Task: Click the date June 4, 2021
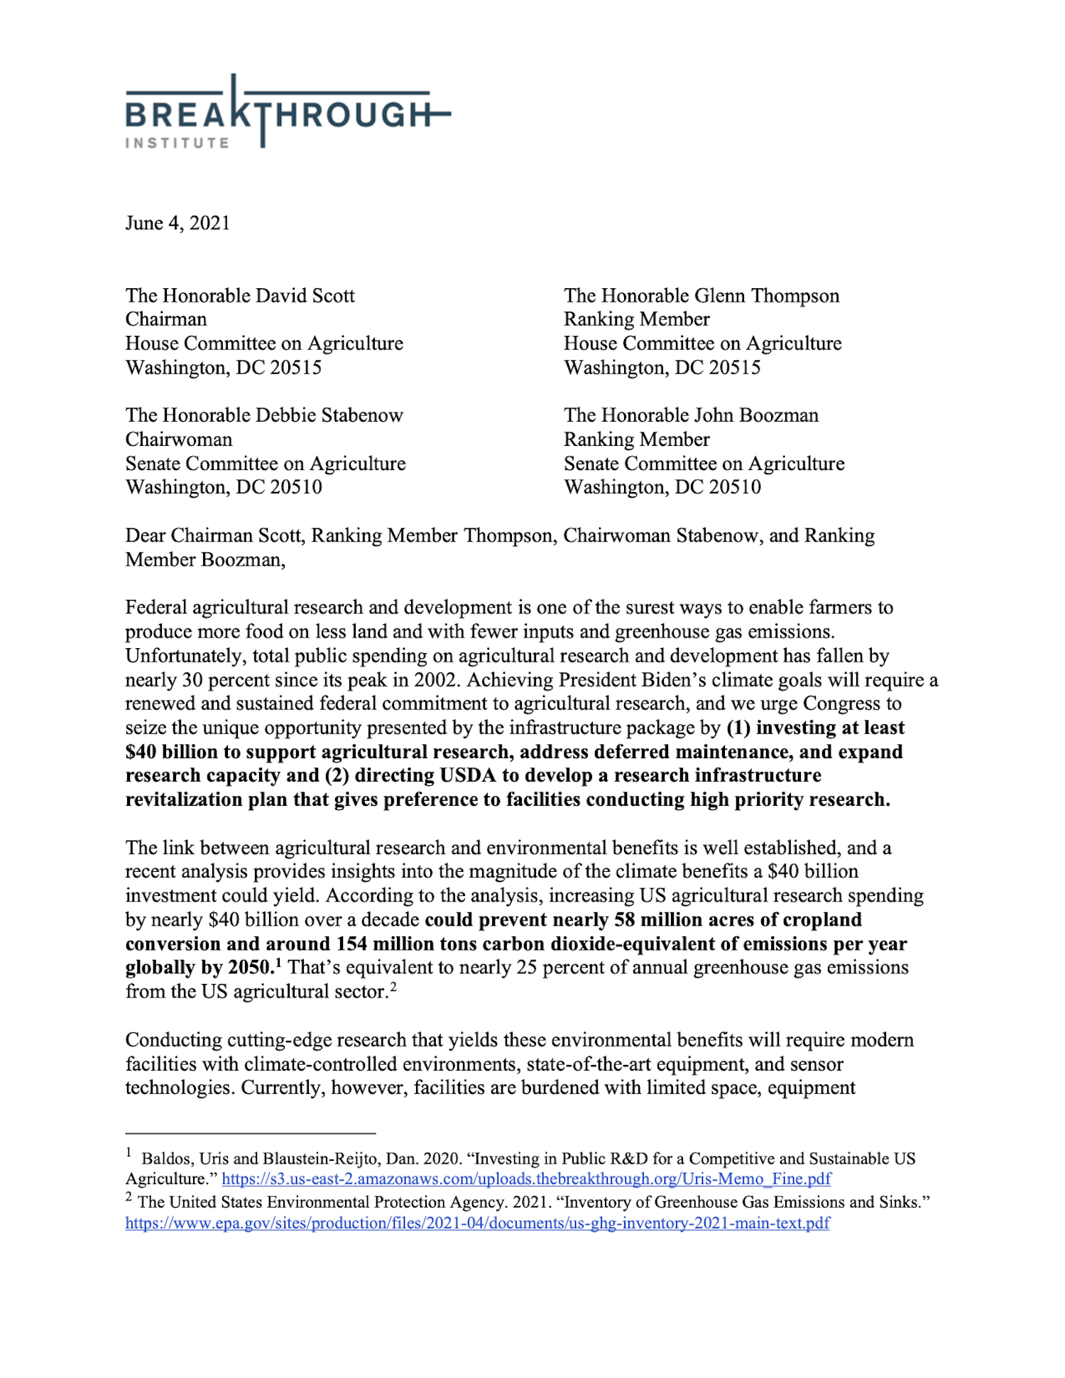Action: click(x=177, y=223)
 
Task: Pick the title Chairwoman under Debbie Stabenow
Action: click(x=179, y=439)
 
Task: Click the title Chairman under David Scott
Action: click(x=166, y=319)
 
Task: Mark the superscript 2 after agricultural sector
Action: click(x=393, y=986)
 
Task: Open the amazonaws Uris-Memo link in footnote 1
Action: click(x=526, y=1179)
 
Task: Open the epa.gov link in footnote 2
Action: click(x=477, y=1223)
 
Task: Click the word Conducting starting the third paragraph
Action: click(x=173, y=1040)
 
